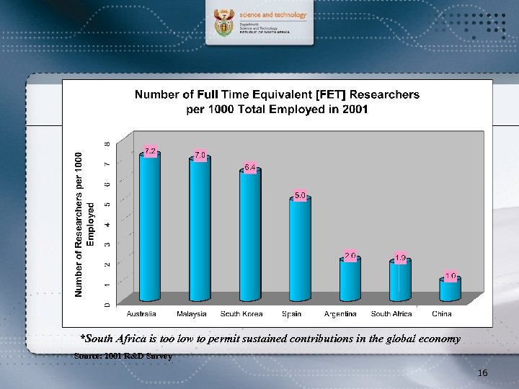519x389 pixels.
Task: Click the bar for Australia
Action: point(150,227)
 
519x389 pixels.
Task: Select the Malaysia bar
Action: point(200,231)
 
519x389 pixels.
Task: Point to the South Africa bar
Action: point(399,281)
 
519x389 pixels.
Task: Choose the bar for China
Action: point(450,290)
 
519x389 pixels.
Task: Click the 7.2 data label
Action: point(150,151)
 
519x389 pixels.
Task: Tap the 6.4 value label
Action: point(250,167)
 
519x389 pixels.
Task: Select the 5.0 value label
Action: point(301,195)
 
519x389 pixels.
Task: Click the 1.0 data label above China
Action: point(451,276)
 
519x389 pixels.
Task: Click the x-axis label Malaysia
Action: point(192,314)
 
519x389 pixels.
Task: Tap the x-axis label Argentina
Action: point(340,314)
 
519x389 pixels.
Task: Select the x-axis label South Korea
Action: point(241,314)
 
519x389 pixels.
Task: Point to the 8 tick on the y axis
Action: point(108,144)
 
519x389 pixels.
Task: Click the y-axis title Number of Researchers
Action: point(84,223)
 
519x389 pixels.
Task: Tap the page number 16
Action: point(482,372)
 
